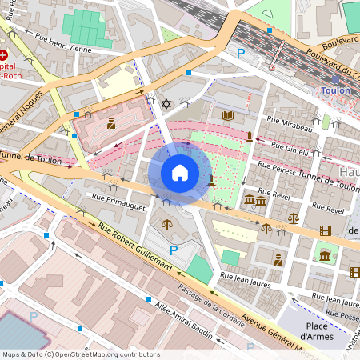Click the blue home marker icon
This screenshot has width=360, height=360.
click(x=180, y=173)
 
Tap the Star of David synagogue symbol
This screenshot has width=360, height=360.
click(x=166, y=104)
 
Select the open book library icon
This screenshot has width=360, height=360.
click(x=227, y=116)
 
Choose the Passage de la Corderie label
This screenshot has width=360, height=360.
click(x=210, y=301)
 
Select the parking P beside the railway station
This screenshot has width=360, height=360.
click(x=240, y=54)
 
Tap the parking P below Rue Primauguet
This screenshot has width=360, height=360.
click(x=173, y=250)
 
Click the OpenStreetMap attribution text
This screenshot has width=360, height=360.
click(x=80, y=354)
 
